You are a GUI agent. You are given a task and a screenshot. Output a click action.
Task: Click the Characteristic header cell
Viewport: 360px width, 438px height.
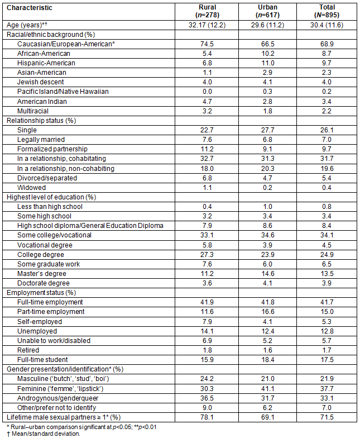click(x=29, y=8)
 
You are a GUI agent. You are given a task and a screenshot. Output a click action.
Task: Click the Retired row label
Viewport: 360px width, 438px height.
click(x=29, y=350)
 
